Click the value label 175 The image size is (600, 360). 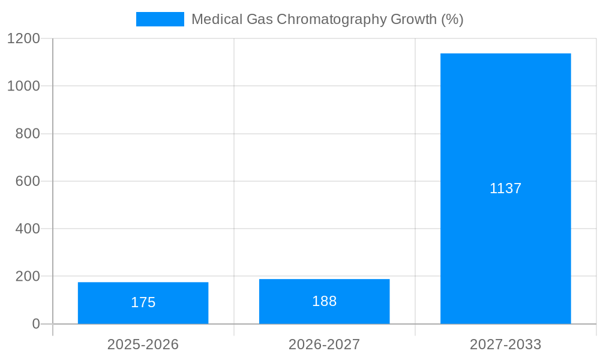point(143,302)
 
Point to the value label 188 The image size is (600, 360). point(324,301)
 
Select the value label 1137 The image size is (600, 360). point(505,188)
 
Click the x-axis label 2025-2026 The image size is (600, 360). point(143,344)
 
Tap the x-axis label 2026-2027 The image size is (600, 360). point(324,344)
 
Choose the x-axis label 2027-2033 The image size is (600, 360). point(505,344)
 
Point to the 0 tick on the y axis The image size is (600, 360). point(35,324)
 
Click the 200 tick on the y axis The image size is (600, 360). point(28,277)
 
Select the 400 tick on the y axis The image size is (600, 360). point(28,229)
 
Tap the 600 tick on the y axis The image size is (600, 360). point(28,181)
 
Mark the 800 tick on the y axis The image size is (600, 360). point(28,134)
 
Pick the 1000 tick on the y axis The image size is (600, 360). point(23,86)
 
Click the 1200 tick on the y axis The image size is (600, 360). point(23,38)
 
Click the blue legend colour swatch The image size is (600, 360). point(160,19)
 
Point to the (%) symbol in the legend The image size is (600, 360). point(452,19)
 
